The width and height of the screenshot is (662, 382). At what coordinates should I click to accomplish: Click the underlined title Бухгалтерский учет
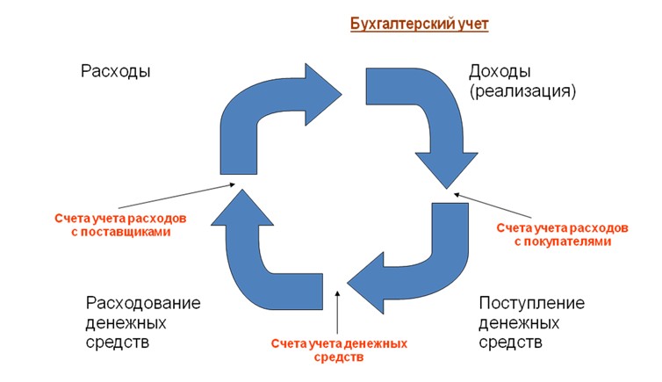tap(419, 24)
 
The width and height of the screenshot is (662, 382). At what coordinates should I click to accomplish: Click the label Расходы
tap(115, 71)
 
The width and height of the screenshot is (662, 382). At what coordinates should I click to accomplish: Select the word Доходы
tap(500, 71)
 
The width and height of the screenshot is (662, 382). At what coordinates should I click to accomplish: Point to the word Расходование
tap(143, 303)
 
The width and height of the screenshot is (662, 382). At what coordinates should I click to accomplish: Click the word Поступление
tap(532, 303)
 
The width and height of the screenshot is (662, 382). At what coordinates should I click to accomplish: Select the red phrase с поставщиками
tap(122, 233)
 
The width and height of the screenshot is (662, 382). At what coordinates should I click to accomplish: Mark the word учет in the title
tap(471, 24)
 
